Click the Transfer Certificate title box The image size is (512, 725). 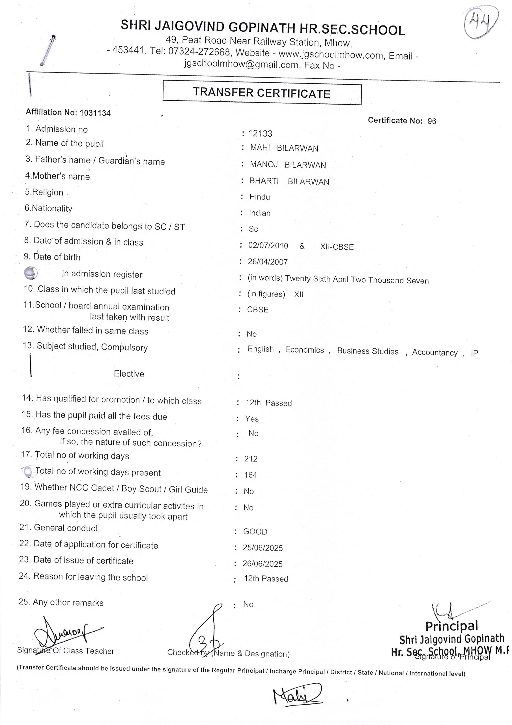(x=262, y=93)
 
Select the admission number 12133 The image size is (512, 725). (x=260, y=134)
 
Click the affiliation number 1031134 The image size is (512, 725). (x=95, y=113)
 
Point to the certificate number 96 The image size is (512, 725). (x=432, y=121)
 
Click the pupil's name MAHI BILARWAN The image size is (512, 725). (x=284, y=148)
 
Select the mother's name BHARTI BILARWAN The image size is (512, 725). (x=289, y=181)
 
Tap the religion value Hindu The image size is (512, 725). (x=260, y=197)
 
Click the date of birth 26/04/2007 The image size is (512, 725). (x=268, y=262)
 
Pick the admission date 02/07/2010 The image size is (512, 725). (x=268, y=246)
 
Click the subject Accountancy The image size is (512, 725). (x=435, y=352)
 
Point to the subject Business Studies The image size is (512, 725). (x=368, y=351)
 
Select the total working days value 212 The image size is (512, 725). (x=251, y=459)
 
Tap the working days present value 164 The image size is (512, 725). (x=251, y=475)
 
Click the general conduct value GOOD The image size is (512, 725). (x=255, y=532)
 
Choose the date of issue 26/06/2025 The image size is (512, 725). (x=263, y=564)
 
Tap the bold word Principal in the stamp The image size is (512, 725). (x=452, y=626)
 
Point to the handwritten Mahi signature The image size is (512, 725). (x=296, y=695)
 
